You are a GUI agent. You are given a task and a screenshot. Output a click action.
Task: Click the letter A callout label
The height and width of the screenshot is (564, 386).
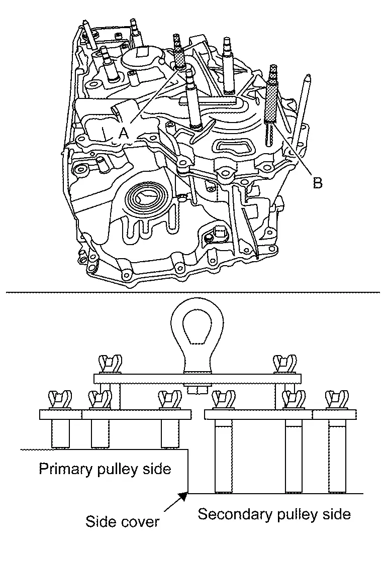point(124,133)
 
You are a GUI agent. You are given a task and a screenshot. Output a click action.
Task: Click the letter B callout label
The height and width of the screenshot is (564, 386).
point(318,183)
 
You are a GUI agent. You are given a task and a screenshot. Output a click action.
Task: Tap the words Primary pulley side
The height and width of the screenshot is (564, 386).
point(105,469)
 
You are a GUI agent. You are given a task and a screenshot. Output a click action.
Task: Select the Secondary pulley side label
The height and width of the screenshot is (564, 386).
point(274,514)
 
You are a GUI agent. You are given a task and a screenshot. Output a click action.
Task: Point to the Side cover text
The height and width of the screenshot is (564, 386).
point(122,521)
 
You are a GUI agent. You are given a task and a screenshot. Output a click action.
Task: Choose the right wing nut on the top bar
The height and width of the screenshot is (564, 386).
point(283,364)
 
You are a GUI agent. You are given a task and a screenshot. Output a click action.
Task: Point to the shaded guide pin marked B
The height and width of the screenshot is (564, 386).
point(272,102)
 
